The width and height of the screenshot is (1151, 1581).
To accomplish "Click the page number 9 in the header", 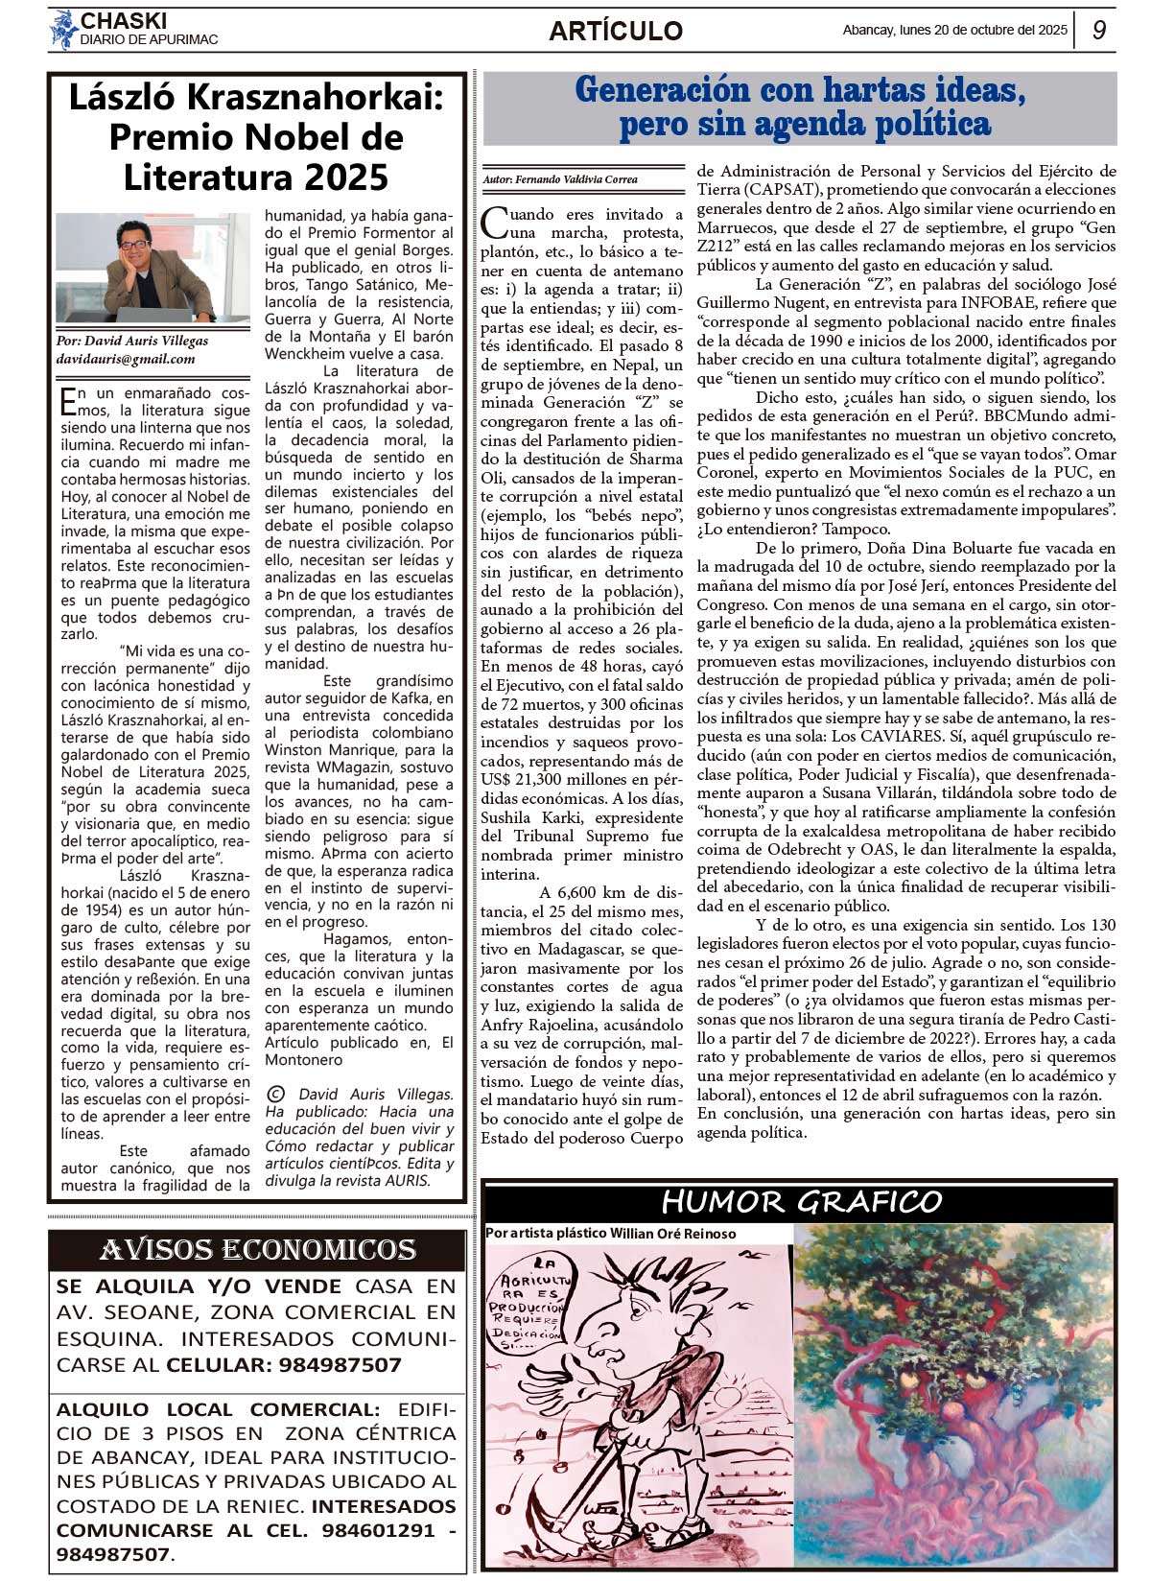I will (x=1099, y=31).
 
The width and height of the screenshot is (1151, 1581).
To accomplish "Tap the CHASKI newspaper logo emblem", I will (x=63, y=30).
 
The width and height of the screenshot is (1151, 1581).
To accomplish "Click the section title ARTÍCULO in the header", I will (x=616, y=31).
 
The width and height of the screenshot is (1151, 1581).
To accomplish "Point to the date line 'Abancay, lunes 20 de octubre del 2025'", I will (x=954, y=31).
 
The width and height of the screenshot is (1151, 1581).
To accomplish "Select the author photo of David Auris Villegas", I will (x=153, y=268).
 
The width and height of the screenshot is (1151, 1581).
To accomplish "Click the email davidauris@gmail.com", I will (x=126, y=359).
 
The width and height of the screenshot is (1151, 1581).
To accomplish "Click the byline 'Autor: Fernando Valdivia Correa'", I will (x=560, y=179).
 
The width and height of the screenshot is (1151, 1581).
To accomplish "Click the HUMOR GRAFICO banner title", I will (x=801, y=1201).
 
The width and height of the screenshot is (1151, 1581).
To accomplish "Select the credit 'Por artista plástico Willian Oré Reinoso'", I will (x=611, y=1233).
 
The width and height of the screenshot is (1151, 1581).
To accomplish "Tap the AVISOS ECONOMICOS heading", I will (x=258, y=1249).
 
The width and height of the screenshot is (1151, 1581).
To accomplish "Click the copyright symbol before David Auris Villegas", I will (x=276, y=1094).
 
